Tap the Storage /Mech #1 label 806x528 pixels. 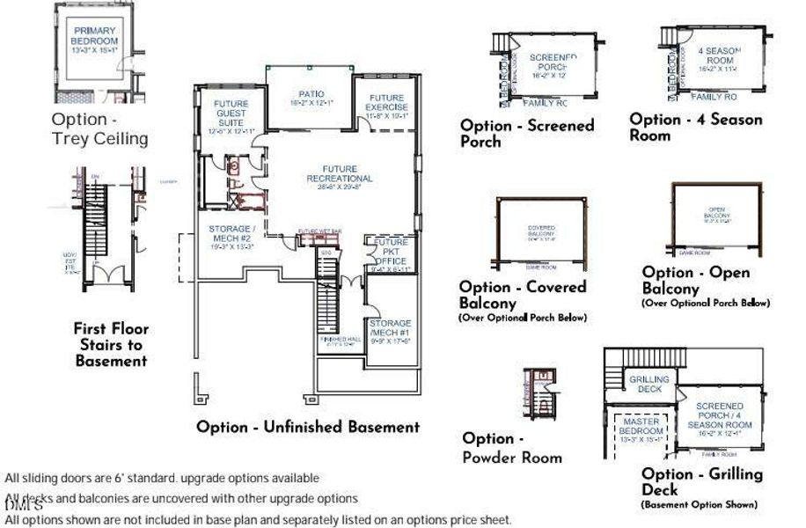390,328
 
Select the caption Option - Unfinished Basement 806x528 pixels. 308,427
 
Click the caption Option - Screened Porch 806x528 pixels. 527,133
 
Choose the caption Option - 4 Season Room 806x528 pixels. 695,127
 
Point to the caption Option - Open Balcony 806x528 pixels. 695,281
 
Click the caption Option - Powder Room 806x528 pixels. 512,447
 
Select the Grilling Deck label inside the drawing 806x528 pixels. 649,385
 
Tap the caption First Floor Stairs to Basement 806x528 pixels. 111,344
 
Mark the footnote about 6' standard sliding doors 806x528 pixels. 162,478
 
